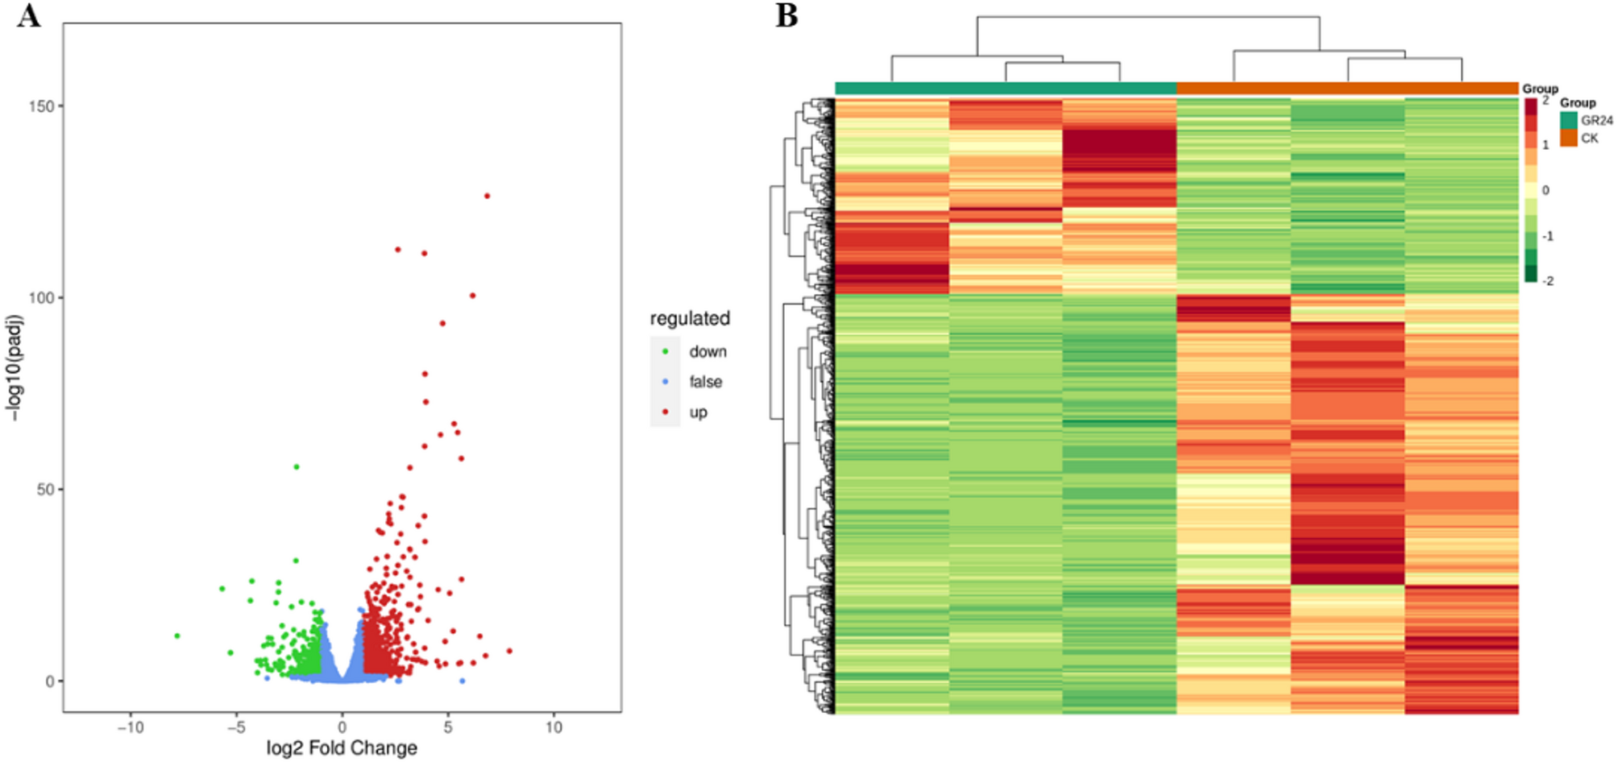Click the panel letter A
(x=28, y=15)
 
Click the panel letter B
(x=786, y=15)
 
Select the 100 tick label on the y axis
(x=41, y=297)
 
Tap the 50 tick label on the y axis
(x=45, y=489)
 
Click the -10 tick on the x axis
(x=131, y=727)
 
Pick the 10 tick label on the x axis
(x=554, y=727)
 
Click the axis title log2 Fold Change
(x=342, y=748)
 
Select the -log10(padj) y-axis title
(x=15, y=367)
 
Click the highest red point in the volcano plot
(x=487, y=196)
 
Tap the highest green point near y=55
(x=297, y=467)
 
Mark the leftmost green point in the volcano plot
(x=177, y=636)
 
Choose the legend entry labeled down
(x=707, y=352)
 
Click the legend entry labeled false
(x=705, y=382)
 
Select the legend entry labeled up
(x=698, y=412)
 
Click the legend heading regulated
(x=690, y=318)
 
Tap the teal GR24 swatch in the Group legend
(x=1568, y=120)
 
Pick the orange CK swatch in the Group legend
(x=1568, y=139)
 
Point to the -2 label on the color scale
(x=1548, y=281)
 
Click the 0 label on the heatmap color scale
(x=1545, y=190)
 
